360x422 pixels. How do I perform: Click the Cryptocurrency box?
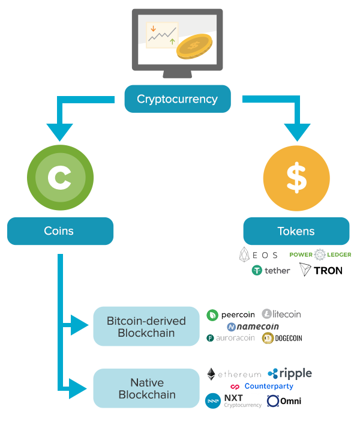click(178, 99)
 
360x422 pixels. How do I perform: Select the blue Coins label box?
click(60, 231)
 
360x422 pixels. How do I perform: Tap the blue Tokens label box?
click(296, 231)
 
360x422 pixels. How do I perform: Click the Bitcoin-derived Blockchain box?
click(146, 326)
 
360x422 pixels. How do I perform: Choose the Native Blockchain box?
click(146, 388)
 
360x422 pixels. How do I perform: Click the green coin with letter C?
click(60, 178)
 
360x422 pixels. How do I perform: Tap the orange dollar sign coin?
click(296, 178)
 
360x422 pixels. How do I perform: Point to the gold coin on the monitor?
click(194, 46)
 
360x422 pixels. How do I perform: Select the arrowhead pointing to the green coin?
click(60, 132)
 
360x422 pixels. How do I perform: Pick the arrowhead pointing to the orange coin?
click(298, 132)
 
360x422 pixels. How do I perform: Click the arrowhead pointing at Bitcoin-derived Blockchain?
click(79, 325)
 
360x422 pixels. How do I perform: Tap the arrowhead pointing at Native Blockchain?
click(78, 388)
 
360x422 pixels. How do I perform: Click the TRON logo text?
click(328, 271)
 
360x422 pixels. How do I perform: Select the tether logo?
click(271, 270)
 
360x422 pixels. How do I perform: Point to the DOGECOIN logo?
click(282, 338)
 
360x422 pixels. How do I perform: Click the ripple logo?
click(290, 373)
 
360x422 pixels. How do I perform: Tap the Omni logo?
click(284, 401)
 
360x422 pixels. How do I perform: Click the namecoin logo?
click(253, 327)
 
